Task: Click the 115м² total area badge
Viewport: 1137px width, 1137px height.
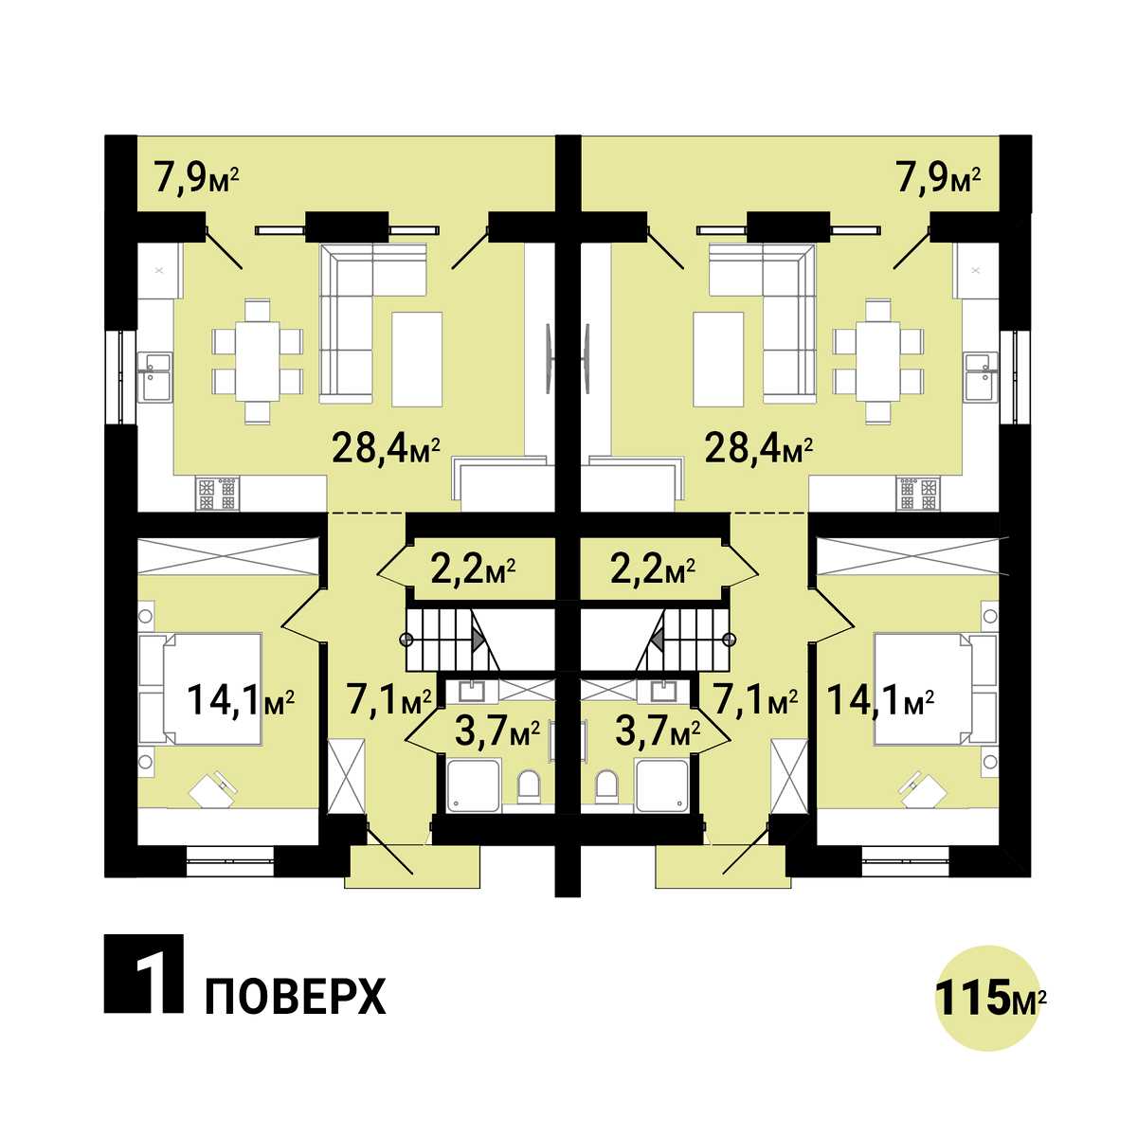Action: (x=989, y=998)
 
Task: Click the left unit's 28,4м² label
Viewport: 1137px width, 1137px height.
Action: (x=387, y=449)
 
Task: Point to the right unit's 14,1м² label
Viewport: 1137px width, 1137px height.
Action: (x=880, y=700)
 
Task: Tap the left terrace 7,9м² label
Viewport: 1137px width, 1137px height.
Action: (x=196, y=179)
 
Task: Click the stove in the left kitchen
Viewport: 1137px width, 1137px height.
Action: (x=218, y=494)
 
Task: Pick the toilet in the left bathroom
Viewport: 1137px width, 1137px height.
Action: (x=529, y=789)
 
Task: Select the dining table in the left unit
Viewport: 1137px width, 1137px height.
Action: (x=258, y=361)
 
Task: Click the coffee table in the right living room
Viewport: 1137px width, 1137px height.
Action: (x=718, y=359)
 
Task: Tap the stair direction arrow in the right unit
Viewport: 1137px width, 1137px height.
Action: (x=657, y=640)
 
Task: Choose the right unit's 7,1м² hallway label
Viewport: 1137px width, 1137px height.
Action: (x=755, y=700)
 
